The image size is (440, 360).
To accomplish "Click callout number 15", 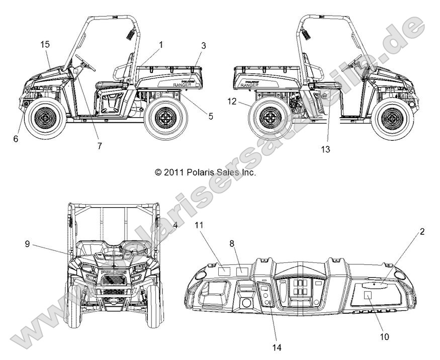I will [45, 45].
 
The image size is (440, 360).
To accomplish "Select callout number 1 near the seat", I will [161, 45].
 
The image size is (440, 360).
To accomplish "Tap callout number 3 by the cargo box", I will [203, 45].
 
